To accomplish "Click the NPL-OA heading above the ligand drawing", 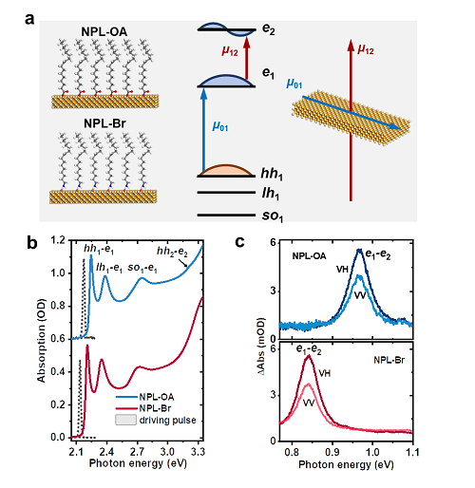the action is click(104, 31).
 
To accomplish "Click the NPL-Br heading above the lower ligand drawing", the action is click(104, 123).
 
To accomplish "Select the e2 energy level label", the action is click(269, 29).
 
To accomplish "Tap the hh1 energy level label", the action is click(272, 174).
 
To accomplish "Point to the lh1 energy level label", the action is click(271, 194).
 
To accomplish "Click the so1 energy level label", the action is click(273, 216).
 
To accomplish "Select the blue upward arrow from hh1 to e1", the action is click(203, 130).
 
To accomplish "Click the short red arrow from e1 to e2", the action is click(247, 57).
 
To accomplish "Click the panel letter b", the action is click(31, 243).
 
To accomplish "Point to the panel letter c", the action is click(239, 242).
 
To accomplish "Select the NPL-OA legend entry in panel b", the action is click(145, 397).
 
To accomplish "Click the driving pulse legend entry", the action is click(156, 420).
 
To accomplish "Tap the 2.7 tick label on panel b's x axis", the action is click(137, 451).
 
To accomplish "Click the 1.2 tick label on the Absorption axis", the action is click(58, 240).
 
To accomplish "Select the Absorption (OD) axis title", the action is click(42, 340).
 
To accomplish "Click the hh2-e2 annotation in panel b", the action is click(172, 252).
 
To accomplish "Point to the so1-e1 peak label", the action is click(142, 268).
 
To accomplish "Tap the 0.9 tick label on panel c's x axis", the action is click(332, 452).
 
